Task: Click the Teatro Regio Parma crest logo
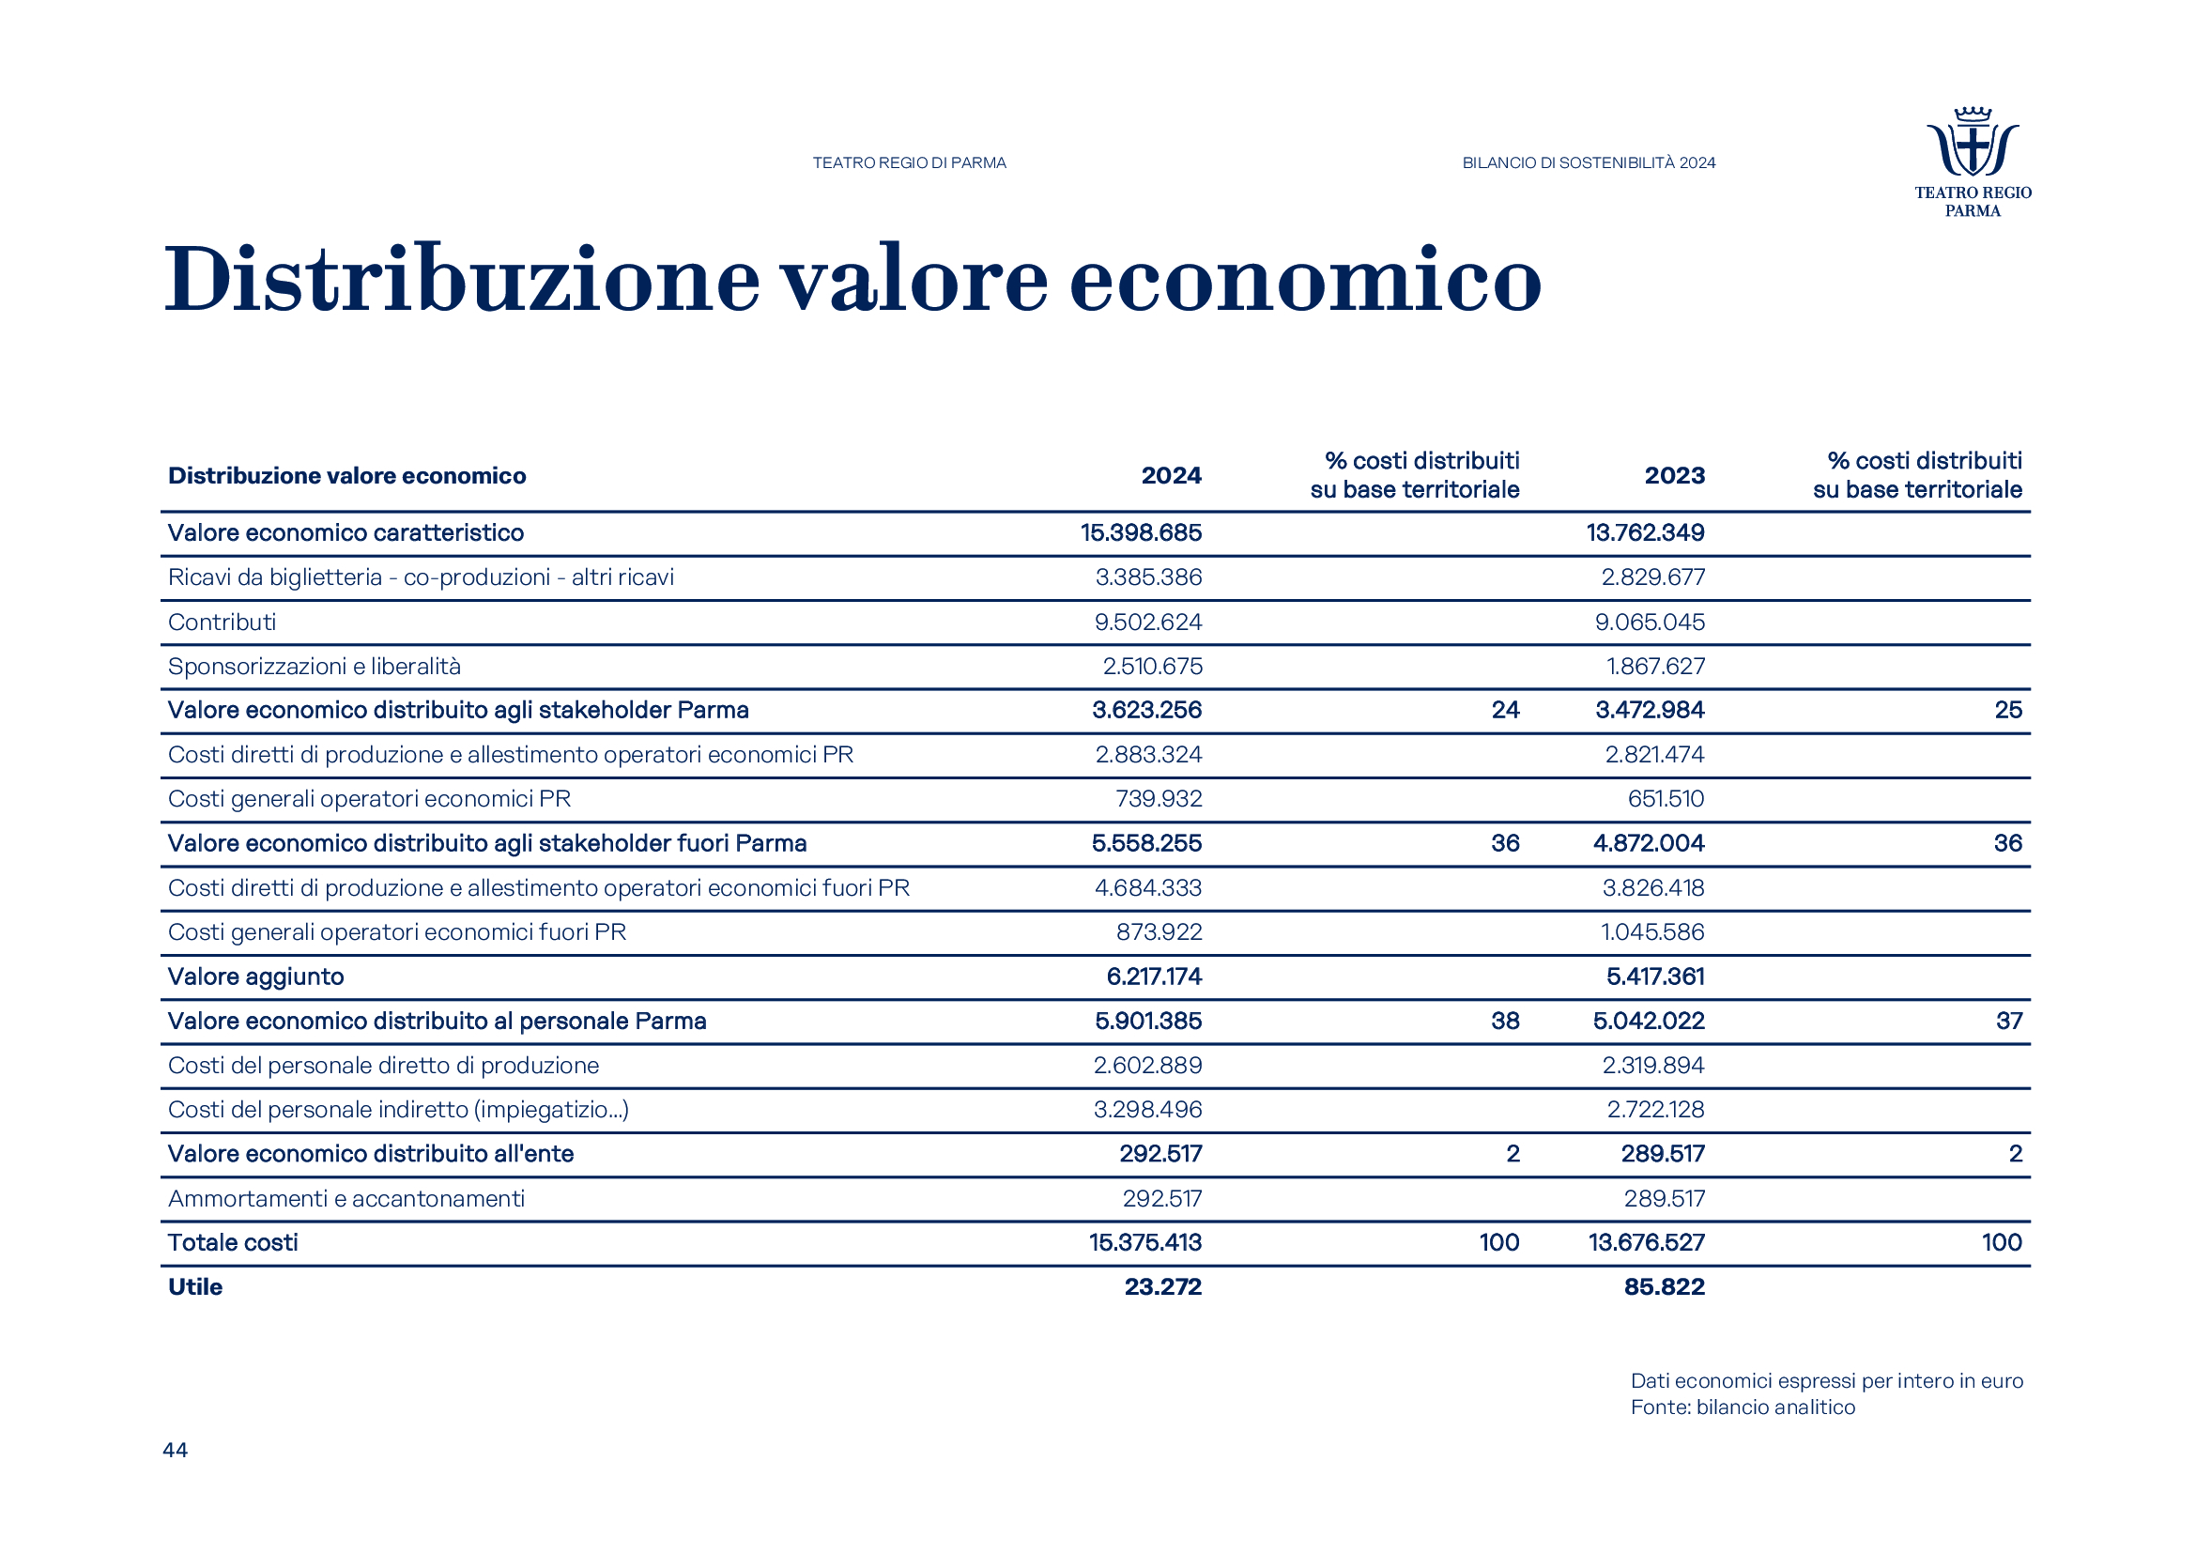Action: tap(1973, 144)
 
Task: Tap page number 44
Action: tap(175, 1450)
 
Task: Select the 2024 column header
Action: tap(1171, 475)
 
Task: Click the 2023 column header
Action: tap(1674, 475)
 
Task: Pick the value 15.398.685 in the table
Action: tap(1141, 532)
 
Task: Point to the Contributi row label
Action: tap(222, 623)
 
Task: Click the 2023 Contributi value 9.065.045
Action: tap(1650, 623)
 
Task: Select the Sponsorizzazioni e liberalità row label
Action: tap(314, 667)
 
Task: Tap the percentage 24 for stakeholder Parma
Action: tap(1504, 711)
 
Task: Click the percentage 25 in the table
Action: tap(2007, 711)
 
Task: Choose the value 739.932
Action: tap(1159, 799)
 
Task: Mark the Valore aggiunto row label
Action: tap(255, 976)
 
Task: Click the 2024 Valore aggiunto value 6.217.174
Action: tap(1154, 976)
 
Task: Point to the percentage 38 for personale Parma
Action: tap(1504, 1022)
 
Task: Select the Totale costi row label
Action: tap(233, 1242)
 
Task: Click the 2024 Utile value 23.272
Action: tap(1162, 1287)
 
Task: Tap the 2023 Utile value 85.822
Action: tap(1665, 1287)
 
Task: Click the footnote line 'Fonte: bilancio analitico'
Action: tap(1743, 1407)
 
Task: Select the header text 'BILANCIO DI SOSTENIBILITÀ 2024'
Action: tap(1589, 163)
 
